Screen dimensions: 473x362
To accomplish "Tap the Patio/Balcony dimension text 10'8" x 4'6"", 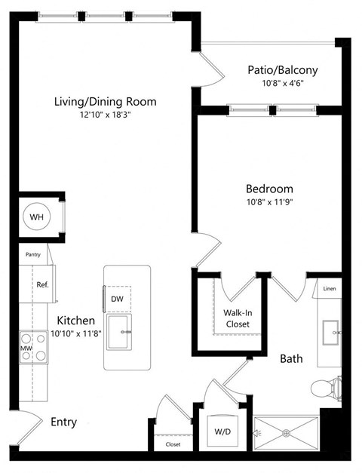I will (282, 84).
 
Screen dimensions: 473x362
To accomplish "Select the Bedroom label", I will (269, 189).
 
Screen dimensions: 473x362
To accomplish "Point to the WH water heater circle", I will (37, 217).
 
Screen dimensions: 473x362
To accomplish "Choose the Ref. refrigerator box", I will (42, 285).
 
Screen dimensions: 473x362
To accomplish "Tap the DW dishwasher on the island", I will (117, 299).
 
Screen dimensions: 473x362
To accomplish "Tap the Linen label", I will (329, 289).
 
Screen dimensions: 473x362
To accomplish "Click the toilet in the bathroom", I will (326, 389).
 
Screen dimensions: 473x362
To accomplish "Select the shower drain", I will (286, 432).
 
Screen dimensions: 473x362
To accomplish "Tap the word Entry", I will (63, 422).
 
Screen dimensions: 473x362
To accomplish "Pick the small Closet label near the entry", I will (173, 445).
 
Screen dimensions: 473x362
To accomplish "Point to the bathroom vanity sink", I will (331, 331).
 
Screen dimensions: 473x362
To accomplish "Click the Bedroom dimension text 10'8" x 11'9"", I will (269, 203).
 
